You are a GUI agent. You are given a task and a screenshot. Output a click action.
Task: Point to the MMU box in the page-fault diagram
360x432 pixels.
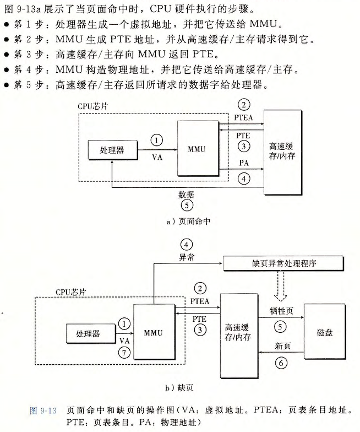tap(153, 333)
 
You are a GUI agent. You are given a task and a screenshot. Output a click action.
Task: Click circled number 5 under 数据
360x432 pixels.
tap(186, 206)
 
